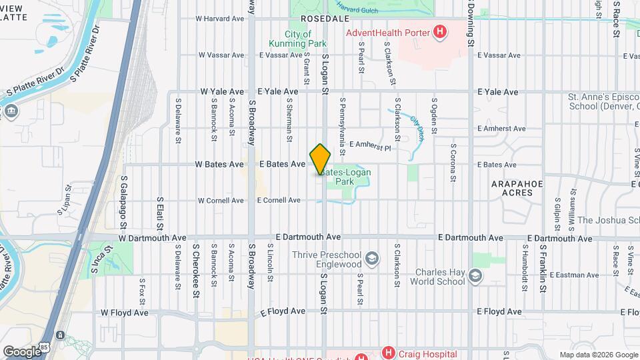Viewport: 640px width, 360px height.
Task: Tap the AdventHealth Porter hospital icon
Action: click(x=439, y=31)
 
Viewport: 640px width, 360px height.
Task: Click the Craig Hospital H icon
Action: click(x=388, y=352)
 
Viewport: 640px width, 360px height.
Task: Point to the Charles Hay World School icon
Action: click(x=475, y=276)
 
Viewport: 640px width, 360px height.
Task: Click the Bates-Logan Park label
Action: click(x=345, y=177)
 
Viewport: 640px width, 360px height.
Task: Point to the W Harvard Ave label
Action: click(x=221, y=19)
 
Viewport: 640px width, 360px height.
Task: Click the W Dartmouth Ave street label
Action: click(x=153, y=237)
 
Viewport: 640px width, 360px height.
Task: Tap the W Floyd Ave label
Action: click(x=125, y=311)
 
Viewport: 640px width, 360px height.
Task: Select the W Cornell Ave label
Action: click(x=221, y=200)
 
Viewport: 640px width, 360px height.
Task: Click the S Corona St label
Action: click(x=453, y=162)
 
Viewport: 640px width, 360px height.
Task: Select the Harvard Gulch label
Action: click(x=357, y=8)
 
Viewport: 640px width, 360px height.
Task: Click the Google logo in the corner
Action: click(x=22, y=351)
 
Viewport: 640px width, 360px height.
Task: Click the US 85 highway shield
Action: click(x=61, y=335)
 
